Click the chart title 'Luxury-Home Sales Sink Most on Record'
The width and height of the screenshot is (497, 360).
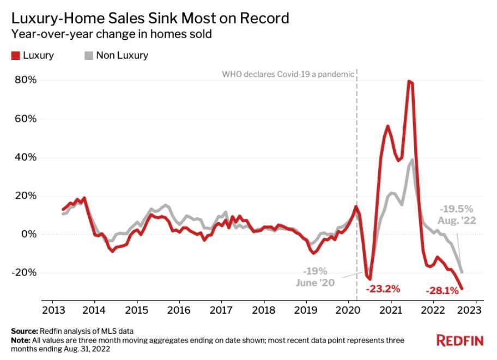[x=150, y=19]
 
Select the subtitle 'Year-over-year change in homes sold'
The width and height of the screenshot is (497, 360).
[x=111, y=35]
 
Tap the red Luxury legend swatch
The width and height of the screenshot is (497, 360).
[x=15, y=55]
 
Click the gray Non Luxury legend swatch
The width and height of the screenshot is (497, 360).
[x=88, y=55]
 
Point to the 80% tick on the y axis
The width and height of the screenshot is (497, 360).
[x=26, y=80]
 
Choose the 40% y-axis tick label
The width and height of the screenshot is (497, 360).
[x=26, y=157]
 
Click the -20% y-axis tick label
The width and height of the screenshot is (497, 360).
[x=24, y=272]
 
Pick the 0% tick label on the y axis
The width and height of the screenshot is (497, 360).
[x=29, y=234]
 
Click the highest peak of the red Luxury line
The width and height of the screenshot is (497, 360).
[x=409, y=82]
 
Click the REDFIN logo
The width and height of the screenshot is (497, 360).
[x=460, y=340]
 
